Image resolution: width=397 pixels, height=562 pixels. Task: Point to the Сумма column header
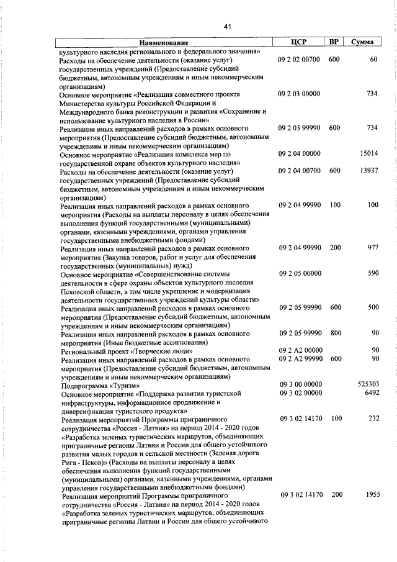click(x=362, y=42)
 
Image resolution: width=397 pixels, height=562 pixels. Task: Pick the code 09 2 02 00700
click(x=300, y=60)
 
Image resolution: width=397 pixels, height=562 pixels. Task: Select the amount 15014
click(x=368, y=153)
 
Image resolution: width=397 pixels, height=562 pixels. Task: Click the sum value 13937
click(x=368, y=170)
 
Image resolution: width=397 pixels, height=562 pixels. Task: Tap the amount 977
click(x=372, y=247)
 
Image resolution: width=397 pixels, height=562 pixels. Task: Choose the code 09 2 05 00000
click(x=300, y=273)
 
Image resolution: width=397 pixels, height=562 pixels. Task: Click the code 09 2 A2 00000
click(x=300, y=350)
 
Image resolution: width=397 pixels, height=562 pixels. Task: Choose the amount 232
click(x=372, y=419)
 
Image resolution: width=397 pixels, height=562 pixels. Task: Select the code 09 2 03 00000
click(x=300, y=93)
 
